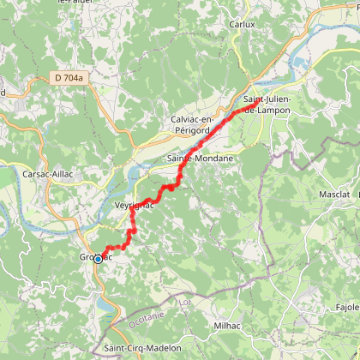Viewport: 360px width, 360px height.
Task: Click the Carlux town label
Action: point(242,25)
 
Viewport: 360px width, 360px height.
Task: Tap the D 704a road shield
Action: point(69,77)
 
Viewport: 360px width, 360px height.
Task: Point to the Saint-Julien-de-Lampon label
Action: point(271,106)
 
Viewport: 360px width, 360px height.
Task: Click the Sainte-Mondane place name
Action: point(194,159)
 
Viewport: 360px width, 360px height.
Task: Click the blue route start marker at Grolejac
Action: point(98,258)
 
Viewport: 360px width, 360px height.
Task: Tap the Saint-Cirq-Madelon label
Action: point(142,348)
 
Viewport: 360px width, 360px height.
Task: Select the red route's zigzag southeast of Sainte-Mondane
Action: point(171,185)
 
